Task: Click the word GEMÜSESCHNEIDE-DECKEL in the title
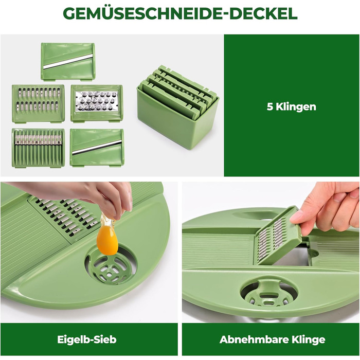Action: click(x=180, y=13)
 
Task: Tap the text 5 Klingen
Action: click(x=292, y=107)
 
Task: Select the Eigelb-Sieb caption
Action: click(x=87, y=339)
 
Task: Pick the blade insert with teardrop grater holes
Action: click(x=97, y=103)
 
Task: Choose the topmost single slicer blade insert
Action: click(x=68, y=62)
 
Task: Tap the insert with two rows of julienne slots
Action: click(x=38, y=103)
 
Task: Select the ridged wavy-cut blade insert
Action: click(x=38, y=148)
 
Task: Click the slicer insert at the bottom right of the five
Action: click(x=97, y=148)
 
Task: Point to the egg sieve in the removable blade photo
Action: click(x=269, y=293)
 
